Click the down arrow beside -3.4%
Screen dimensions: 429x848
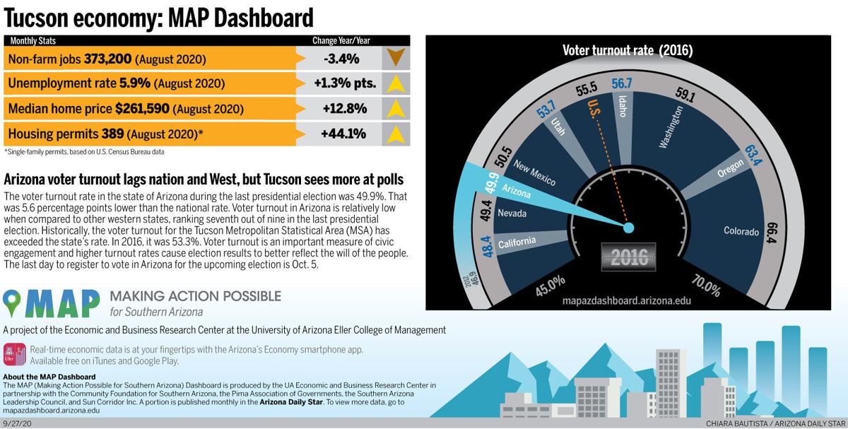(396, 58)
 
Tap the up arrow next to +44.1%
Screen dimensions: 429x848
(396, 134)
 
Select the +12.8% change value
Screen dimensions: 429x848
(345, 109)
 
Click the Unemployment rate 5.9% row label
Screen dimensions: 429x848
(117, 83)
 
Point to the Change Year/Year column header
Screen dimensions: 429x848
(341, 41)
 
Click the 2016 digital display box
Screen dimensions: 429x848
(629, 256)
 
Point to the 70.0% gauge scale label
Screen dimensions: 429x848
(705, 287)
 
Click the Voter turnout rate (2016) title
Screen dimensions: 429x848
(628, 50)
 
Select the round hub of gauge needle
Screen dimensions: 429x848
(628, 228)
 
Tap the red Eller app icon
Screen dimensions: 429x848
(14, 353)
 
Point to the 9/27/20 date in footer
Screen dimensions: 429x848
(17, 423)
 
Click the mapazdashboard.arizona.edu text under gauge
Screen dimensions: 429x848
(626, 300)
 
